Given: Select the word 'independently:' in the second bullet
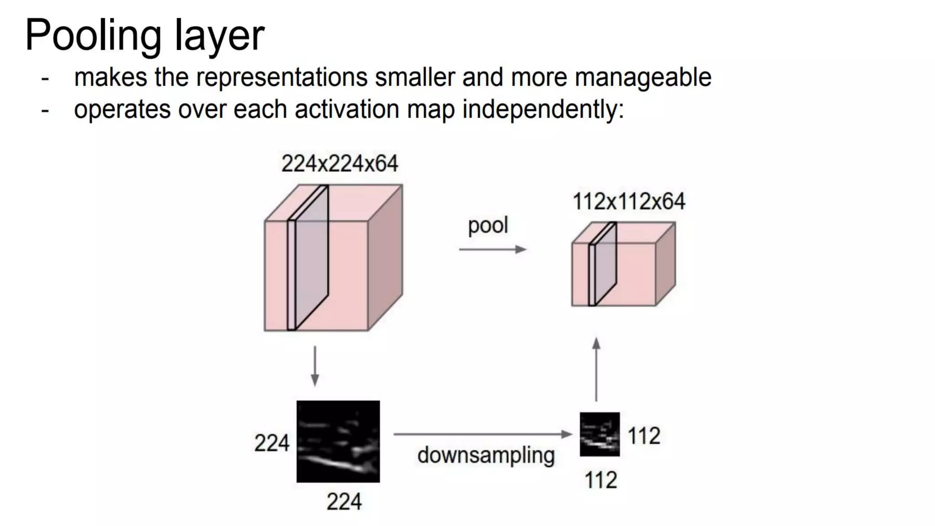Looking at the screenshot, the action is coord(543,110).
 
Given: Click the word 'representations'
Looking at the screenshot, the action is coord(282,77).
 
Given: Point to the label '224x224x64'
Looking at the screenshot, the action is coord(340,163).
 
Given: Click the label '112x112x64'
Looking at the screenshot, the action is coord(629,201).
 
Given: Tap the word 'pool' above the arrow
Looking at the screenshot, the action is coord(488,226).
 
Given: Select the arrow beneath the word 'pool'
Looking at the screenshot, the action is coord(493,249).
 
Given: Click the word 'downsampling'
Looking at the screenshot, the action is coord(486,455).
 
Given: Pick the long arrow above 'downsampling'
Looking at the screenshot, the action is coord(483,434).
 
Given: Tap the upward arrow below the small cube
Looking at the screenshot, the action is coord(596,369).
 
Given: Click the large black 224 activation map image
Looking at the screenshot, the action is coord(338,442).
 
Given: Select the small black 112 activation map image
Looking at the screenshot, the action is coord(599,434).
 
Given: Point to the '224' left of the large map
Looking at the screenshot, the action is coord(272,443).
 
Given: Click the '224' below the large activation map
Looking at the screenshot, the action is coord(344,502).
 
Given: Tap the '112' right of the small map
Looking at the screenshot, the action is coord(644,436).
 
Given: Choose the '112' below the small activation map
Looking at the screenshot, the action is coord(601,480).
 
